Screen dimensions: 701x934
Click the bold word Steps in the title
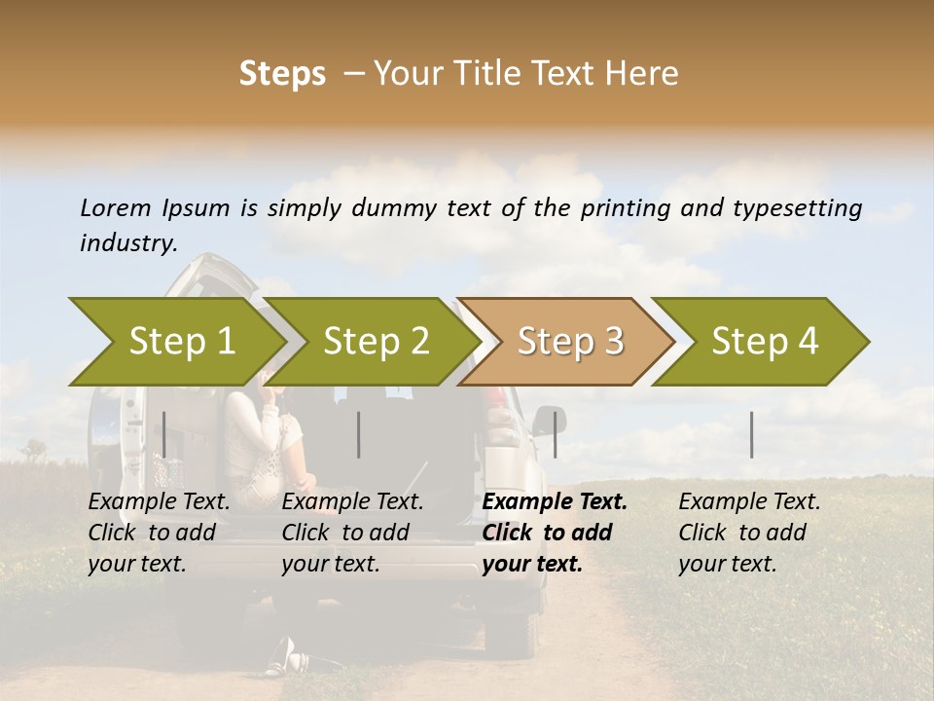tap(282, 74)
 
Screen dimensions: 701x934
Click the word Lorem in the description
tap(116, 207)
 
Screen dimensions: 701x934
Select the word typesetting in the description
tap(799, 207)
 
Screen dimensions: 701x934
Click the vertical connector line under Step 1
tap(164, 434)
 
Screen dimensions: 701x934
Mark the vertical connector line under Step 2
tap(359, 434)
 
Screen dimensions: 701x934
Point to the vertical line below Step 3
tap(555, 434)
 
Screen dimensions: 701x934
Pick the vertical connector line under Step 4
tap(751, 434)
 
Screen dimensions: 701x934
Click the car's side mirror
tap(548, 420)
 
